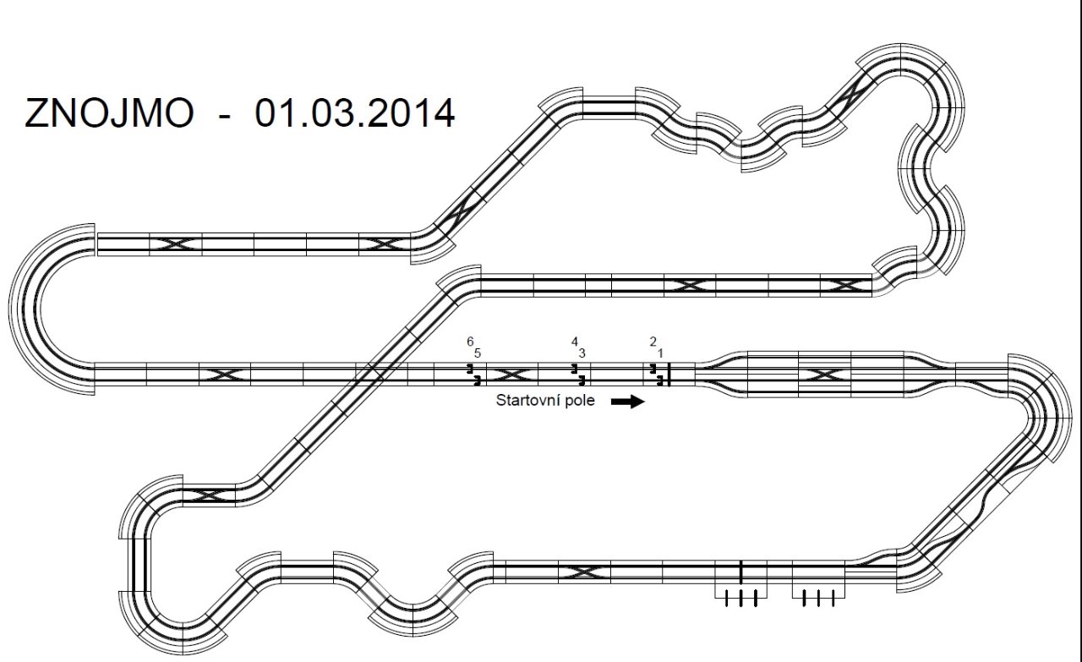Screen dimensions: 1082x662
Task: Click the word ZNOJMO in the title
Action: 109,113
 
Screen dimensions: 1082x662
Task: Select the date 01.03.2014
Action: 354,113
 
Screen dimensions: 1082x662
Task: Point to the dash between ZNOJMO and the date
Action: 225,116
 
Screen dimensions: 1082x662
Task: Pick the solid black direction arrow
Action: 628,402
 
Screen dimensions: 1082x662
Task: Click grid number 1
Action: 660,353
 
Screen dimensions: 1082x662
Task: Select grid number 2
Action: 653,342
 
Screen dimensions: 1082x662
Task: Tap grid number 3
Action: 582,353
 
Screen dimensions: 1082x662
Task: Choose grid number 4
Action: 574,342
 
